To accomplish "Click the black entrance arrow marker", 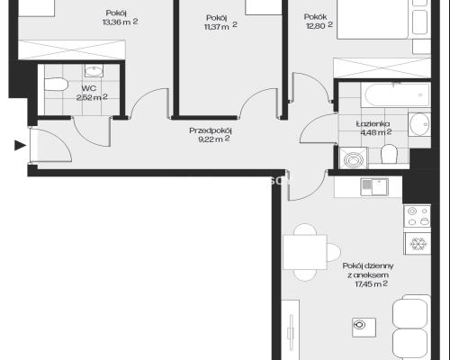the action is click(20, 146).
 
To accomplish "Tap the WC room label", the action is click(89, 88).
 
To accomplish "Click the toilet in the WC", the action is click(56, 85).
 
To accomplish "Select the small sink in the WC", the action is click(94, 71).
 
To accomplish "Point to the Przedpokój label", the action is click(211, 130).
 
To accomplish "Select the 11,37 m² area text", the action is click(220, 26).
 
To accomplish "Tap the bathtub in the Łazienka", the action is click(395, 94).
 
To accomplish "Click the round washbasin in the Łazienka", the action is click(419, 124).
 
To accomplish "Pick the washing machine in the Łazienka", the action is click(353, 158).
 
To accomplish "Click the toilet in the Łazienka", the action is click(389, 154).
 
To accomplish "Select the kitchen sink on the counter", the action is click(374, 187).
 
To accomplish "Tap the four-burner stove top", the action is click(418, 216).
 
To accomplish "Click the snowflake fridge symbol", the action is click(418, 244).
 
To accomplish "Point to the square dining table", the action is click(305, 252).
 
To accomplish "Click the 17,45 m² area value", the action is click(372, 283).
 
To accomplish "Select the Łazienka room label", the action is click(373, 123).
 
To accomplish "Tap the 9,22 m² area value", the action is click(214, 139).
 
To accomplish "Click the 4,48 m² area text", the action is click(376, 132).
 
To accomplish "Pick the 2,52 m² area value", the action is click(92, 97).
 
